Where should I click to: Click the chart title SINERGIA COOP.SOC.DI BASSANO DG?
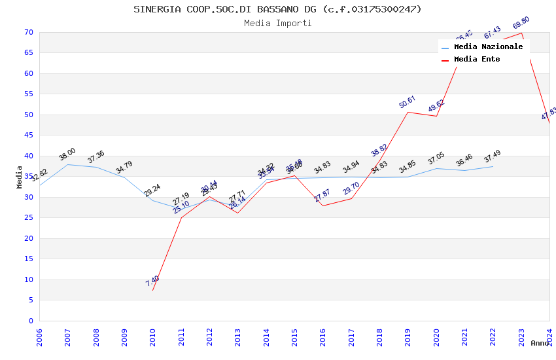coord(277,9)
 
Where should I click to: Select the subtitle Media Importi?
coord(277,24)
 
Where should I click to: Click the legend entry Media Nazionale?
coord(488,47)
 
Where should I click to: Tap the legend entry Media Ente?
coord(476,60)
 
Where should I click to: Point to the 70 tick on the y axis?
coord(27,32)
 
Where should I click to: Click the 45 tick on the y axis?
coord(27,135)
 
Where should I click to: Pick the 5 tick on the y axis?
coord(30,300)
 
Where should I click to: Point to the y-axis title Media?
coord(20,177)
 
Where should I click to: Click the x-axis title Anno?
coord(540,343)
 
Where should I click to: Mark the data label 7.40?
coord(152,281)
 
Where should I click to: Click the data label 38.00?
coord(67,154)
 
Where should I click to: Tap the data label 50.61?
coord(408,102)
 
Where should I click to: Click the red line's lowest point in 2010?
coord(153,290)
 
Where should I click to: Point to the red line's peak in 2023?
coord(521,33)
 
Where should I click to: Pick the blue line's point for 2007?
coord(67,164)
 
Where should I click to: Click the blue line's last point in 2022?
coord(493,166)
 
